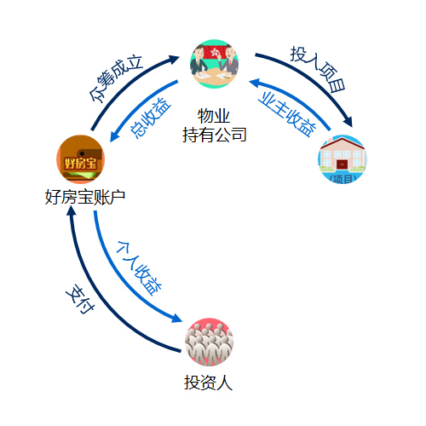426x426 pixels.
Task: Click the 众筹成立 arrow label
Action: (115, 78)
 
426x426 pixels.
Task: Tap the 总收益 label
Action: (151, 118)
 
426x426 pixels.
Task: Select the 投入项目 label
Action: (318, 69)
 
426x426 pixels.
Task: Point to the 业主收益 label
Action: (287, 114)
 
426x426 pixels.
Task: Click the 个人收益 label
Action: (139, 268)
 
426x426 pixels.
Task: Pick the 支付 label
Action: (80, 298)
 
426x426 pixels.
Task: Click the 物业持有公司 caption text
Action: (214, 125)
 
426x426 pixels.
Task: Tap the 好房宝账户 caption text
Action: (85, 197)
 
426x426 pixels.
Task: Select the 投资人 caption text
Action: (209, 383)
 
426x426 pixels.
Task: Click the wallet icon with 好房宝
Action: (81, 159)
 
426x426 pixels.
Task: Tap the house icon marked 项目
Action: (343, 159)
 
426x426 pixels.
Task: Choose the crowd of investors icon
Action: (209, 342)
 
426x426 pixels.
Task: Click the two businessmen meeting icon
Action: (214, 64)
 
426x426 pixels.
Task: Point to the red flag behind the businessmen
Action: (215, 52)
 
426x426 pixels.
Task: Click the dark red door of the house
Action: (342, 164)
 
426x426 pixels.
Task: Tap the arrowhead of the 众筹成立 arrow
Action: (174, 59)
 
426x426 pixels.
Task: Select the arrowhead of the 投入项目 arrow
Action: (348, 122)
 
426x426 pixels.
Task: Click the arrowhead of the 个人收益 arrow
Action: (176, 319)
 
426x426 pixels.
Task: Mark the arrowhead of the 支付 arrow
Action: (71, 211)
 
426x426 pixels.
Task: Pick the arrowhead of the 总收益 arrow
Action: (113, 137)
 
